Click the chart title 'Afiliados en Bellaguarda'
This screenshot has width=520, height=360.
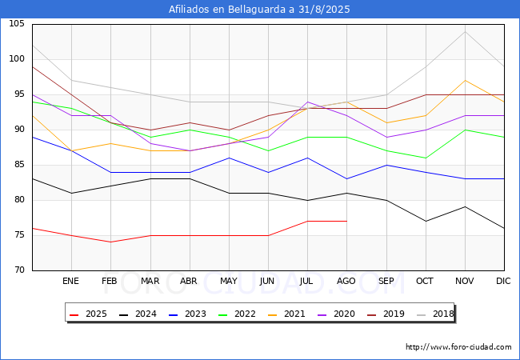point(259,10)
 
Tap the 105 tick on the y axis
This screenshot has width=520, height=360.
point(17,24)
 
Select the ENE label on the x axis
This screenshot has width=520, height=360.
point(71,282)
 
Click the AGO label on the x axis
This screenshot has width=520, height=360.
point(346,282)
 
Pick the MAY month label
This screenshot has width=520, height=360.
point(229,282)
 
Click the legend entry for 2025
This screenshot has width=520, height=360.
point(86,314)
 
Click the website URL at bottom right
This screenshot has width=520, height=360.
point(458,347)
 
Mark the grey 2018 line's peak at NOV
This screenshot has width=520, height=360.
point(465,31)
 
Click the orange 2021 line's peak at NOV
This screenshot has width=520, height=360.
point(465,81)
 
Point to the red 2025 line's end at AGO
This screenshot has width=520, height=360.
point(346,221)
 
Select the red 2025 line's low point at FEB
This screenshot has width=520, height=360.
point(110,242)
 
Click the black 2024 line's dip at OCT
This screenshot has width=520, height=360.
point(426,221)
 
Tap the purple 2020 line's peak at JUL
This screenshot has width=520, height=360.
point(307,102)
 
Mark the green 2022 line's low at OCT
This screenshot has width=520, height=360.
point(426,158)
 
